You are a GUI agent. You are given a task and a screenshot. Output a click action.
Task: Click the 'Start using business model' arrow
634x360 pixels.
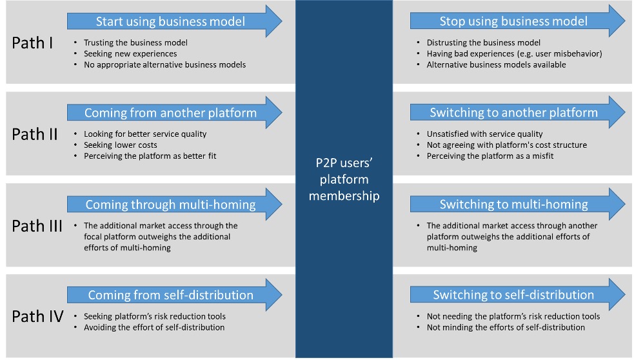[171, 21]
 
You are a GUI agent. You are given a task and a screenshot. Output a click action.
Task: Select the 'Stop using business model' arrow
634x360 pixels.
[513, 21]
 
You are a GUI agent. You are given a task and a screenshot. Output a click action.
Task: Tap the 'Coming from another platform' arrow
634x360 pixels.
[171, 113]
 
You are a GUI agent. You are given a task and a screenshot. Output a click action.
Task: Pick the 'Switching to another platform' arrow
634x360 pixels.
[513, 113]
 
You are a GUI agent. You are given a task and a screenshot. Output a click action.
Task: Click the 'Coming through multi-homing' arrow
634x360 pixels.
[171, 205]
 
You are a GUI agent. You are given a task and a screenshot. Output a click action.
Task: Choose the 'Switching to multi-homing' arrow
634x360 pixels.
[513, 205]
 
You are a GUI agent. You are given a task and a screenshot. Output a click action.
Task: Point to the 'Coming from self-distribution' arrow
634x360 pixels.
[171, 295]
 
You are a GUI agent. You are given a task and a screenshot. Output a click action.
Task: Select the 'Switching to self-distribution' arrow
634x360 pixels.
[513, 295]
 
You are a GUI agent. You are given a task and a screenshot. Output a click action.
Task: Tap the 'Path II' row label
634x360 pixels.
[35, 134]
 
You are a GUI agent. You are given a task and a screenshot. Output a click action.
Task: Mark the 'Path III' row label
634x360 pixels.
[37, 226]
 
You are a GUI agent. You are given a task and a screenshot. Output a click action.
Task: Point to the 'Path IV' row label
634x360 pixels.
[37, 317]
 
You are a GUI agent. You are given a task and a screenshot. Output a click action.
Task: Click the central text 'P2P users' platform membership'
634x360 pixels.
[344, 179]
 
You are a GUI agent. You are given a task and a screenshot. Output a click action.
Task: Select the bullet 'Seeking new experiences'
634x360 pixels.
[130, 54]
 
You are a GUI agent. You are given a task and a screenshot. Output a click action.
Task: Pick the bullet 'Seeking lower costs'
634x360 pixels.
[121, 145]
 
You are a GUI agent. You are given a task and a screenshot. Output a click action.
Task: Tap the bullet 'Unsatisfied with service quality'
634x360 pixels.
[484, 134]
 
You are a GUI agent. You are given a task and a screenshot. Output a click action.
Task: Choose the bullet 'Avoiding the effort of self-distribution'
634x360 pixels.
[154, 327]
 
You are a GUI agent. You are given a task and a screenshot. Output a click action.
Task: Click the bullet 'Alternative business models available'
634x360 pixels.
[496, 65]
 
